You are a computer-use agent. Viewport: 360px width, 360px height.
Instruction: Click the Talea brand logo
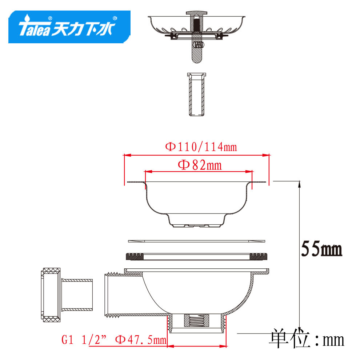tap(69, 27)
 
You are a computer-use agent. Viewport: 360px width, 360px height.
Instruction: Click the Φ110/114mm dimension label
tap(201, 147)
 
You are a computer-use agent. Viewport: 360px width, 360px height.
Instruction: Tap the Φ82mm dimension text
tap(200, 165)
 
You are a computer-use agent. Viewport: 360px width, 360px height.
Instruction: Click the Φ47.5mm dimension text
tap(140, 340)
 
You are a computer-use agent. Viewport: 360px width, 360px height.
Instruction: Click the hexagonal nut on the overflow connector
tap(51, 295)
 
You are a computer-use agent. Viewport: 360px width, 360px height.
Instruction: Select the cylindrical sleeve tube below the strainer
tap(196, 94)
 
